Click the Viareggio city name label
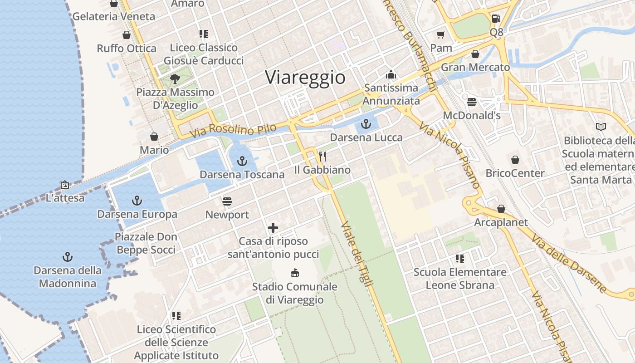305,77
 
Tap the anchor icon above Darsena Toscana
242,161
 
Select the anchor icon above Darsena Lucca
366,123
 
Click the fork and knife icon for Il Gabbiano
322,157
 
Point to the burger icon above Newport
227,201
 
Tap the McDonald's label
472,115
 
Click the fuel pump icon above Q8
496,19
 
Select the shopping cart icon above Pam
441,34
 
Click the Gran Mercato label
475,68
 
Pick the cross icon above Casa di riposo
273,228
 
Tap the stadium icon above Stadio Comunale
295,273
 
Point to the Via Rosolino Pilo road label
233,130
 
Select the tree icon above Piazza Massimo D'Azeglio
175,79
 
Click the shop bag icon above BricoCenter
515,160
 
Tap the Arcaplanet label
501,222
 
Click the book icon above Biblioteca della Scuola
601,127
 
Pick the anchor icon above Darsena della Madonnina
68,257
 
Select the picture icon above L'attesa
65,185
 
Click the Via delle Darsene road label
569,264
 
